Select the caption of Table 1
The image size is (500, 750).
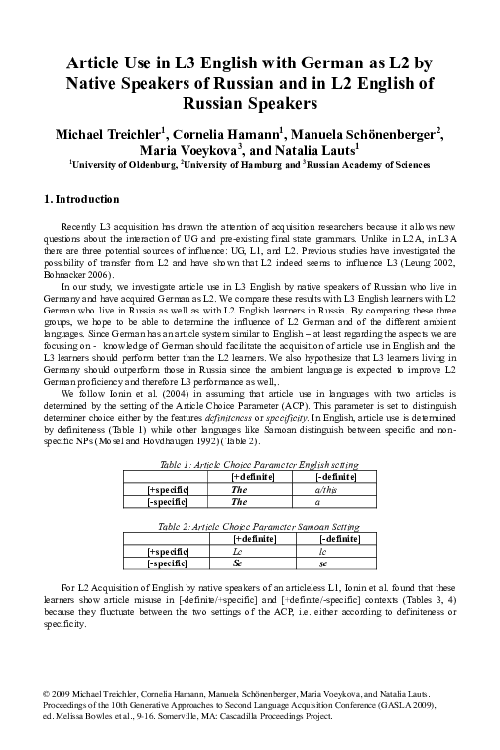click(249, 462)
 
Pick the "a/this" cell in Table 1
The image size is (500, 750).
click(325, 488)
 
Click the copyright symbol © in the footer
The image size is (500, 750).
click(35, 697)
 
